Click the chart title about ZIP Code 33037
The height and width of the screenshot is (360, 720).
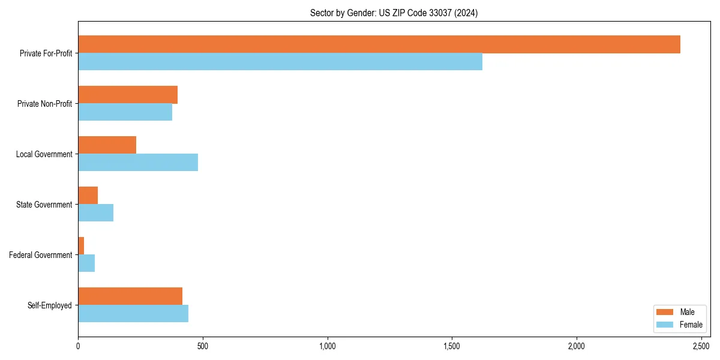[x=394, y=13]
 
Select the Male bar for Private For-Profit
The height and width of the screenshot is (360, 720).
[x=379, y=44]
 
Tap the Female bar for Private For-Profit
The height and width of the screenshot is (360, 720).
[x=280, y=62]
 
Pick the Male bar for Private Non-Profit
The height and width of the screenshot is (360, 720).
[x=128, y=95]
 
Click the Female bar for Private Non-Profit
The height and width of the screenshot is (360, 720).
[x=125, y=112]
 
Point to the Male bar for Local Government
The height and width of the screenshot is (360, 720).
[x=107, y=145]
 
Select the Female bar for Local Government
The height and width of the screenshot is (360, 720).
[x=138, y=163]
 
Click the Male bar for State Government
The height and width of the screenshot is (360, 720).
[x=88, y=196]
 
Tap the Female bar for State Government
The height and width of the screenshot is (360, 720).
[x=95, y=213]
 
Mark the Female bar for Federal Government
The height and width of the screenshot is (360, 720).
[x=86, y=263]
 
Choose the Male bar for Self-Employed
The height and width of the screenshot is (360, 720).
[x=130, y=296]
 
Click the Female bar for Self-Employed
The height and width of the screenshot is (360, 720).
[x=133, y=314]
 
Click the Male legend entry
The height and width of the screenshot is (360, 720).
[x=679, y=312]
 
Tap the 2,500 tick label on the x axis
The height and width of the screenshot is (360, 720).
[x=701, y=346]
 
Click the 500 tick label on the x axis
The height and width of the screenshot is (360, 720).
[x=203, y=346]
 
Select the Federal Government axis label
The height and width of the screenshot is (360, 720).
[x=40, y=255]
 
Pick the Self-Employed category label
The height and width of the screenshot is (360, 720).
[x=49, y=305]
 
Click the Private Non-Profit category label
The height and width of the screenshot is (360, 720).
[x=46, y=104]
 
